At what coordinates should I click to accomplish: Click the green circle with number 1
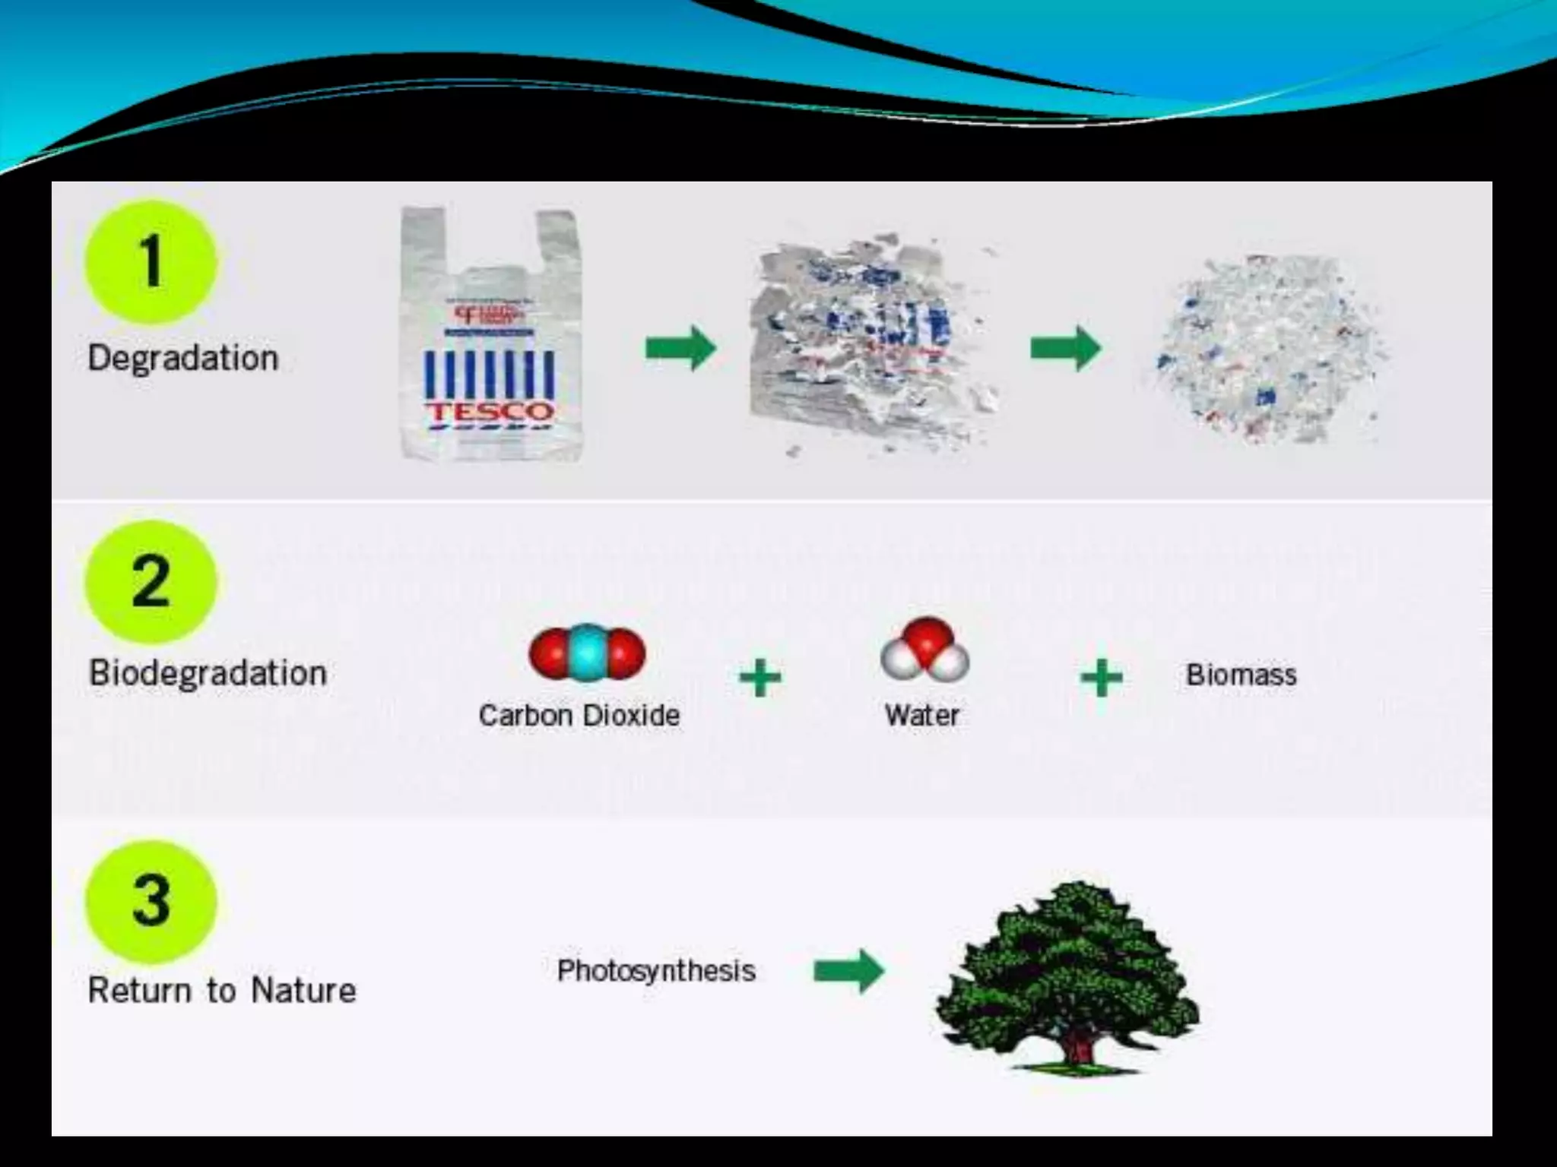point(151,262)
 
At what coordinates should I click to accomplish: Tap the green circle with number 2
point(151,581)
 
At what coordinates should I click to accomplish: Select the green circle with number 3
point(151,901)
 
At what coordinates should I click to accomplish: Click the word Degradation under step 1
point(183,358)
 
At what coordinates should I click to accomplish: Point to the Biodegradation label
point(208,673)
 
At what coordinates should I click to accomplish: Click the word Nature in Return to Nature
point(303,991)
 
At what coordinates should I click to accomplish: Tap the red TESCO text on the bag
point(489,412)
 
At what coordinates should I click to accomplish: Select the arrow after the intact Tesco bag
point(680,349)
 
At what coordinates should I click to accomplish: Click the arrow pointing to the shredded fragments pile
point(1065,349)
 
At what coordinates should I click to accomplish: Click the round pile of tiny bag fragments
point(1266,349)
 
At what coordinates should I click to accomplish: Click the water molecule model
point(925,650)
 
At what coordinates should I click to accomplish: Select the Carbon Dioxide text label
point(579,715)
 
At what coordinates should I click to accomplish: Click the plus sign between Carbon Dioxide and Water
point(760,677)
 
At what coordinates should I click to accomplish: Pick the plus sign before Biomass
point(1101,677)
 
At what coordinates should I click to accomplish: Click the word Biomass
point(1241,675)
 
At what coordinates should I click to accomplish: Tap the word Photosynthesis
point(656,970)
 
